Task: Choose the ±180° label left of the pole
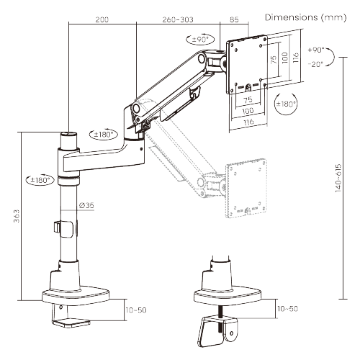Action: pyautogui.click(x=39, y=179)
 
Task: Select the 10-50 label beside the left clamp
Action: pyautogui.click(x=137, y=310)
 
